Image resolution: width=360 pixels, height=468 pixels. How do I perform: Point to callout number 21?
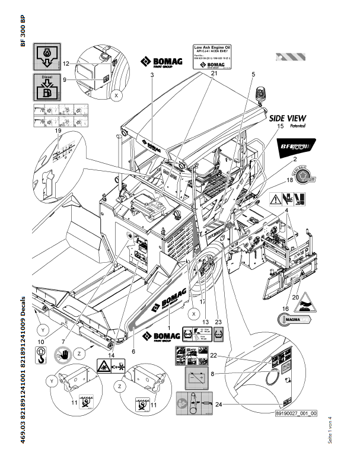[214, 73]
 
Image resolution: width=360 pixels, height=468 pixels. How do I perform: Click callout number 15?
[281, 127]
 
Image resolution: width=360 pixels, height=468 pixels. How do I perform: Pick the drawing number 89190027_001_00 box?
[297, 415]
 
